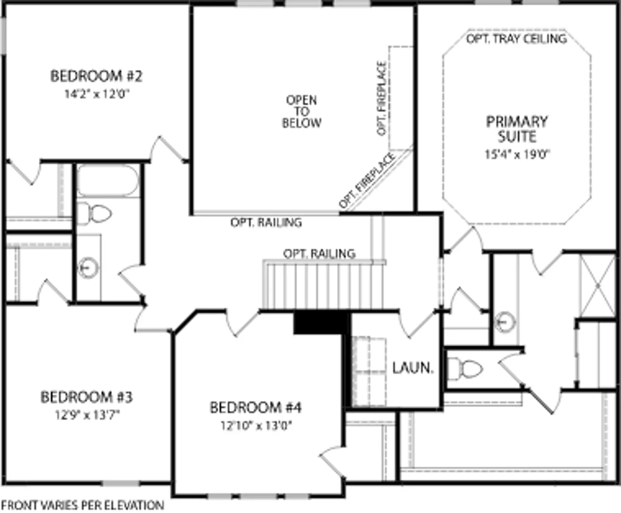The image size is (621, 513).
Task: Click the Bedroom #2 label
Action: pyautogui.click(x=96, y=76)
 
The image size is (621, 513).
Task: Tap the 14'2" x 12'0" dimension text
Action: pyautogui.click(x=97, y=94)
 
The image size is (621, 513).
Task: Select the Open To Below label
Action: pyautogui.click(x=302, y=111)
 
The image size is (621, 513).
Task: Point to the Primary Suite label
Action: pyautogui.click(x=517, y=129)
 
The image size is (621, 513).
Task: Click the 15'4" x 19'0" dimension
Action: pyautogui.click(x=517, y=154)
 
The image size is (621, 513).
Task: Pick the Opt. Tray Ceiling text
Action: pyautogui.click(x=516, y=39)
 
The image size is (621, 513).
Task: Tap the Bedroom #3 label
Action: pyautogui.click(x=87, y=397)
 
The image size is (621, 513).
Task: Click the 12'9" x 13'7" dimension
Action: pyautogui.click(x=87, y=415)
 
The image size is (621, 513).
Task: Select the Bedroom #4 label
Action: pyautogui.click(x=256, y=407)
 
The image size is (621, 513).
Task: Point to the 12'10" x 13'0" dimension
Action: pyautogui.click(x=256, y=426)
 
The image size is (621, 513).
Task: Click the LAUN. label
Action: pyautogui.click(x=413, y=368)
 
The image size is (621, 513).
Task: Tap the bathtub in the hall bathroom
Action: pyautogui.click(x=108, y=181)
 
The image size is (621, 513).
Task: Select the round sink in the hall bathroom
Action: pyautogui.click(x=88, y=268)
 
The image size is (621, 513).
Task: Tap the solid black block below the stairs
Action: pyautogui.click(x=320, y=322)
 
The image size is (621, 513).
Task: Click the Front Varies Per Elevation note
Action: pyautogui.click(x=82, y=505)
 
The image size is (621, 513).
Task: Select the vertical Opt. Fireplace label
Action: pyautogui.click(x=382, y=98)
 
